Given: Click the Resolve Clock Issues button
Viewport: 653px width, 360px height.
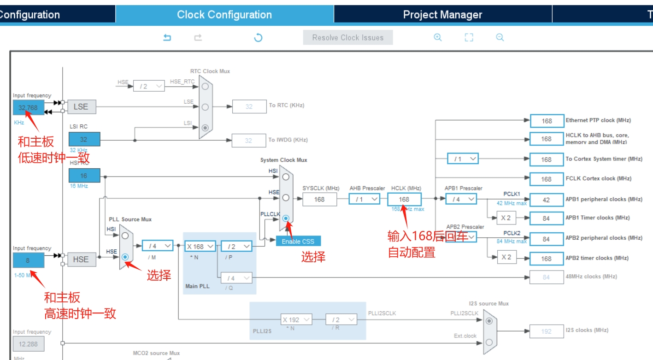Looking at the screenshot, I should pos(347,38).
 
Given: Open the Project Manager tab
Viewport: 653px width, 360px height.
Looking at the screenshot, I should pos(442,15).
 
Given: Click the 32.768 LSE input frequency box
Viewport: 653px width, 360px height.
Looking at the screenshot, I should pos(29,108).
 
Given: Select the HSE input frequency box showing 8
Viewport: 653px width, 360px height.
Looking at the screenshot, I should pos(29,260).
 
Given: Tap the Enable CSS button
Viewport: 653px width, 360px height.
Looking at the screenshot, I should pos(298,241).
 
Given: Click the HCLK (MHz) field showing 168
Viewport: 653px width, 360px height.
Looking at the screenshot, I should pos(404,199).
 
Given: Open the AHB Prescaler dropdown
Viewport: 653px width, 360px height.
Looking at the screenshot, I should pos(364,199).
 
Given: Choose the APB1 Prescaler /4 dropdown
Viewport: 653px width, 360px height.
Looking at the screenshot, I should pos(461,199).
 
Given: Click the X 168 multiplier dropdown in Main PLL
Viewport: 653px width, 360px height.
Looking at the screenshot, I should pos(200,247).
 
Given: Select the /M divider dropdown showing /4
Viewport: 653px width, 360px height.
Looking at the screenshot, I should pos(158,246).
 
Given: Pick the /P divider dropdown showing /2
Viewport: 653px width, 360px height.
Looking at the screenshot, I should pos(236,247).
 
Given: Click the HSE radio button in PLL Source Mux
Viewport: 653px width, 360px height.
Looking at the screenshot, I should pos(125,257).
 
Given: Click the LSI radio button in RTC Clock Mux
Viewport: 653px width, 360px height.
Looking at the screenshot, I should pos(205,128).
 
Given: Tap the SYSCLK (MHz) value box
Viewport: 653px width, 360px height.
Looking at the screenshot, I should pos(319,199).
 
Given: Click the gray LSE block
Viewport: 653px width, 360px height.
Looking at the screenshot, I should pos(81,107).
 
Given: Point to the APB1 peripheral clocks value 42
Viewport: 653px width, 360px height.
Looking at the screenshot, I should pos(547,200).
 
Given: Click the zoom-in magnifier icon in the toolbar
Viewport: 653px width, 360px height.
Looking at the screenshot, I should pos(438,38).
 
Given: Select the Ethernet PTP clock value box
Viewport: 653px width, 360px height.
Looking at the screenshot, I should pos(547,121).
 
